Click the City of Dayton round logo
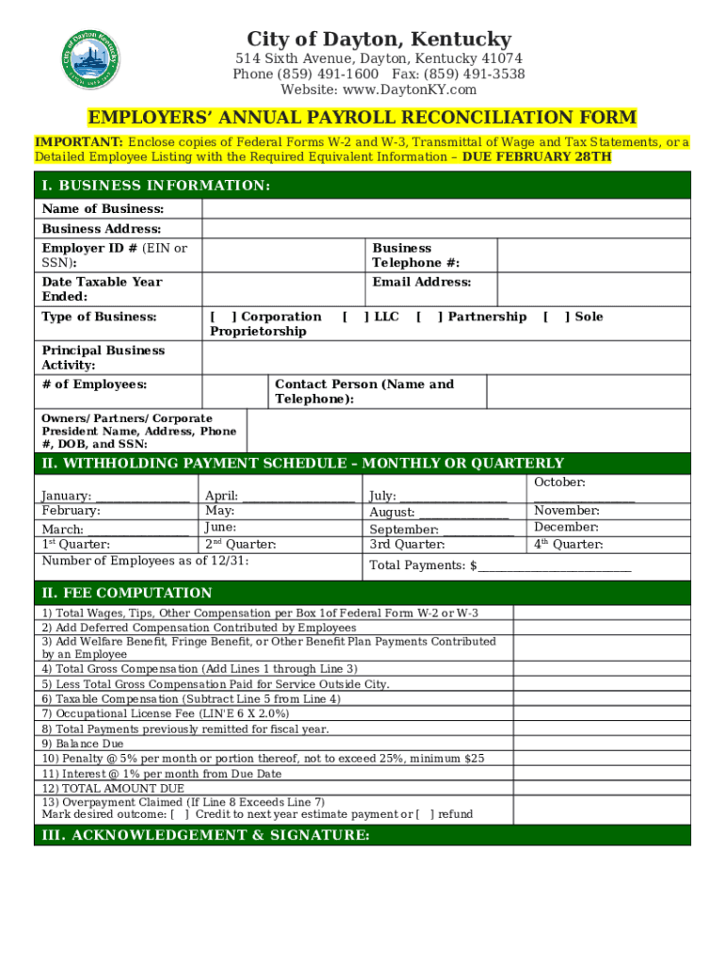(x=91, y=58)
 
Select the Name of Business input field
(x=445, y=209)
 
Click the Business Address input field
(x=445, y=229)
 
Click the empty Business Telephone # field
(x=592, y=255)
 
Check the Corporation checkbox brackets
(x=223, y=317)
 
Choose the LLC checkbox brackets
(x=355, y=317)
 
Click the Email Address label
(x=422, y=283)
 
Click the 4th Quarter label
(x=569, y=545)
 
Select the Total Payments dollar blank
(x=555, y=566)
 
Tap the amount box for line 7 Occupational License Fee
(x=601, y=714)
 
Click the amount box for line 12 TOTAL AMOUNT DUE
(x=601, y=788)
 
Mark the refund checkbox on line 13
(x=425, y=814)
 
